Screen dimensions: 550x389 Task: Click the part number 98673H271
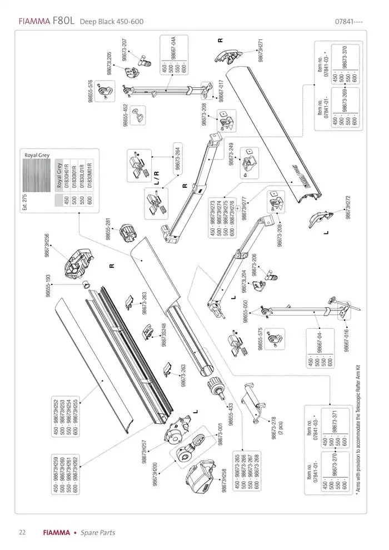pyautogui.click(x=260, y=51)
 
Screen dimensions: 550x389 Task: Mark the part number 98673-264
pyautogui.click(x=177, y=157)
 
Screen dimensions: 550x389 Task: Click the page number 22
pyautogui.click(x=22, y=532)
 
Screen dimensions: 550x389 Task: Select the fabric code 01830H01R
pyautogui.click(x=66, y=176)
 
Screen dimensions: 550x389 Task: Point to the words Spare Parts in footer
pyautogui.click(x=98, y=532)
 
